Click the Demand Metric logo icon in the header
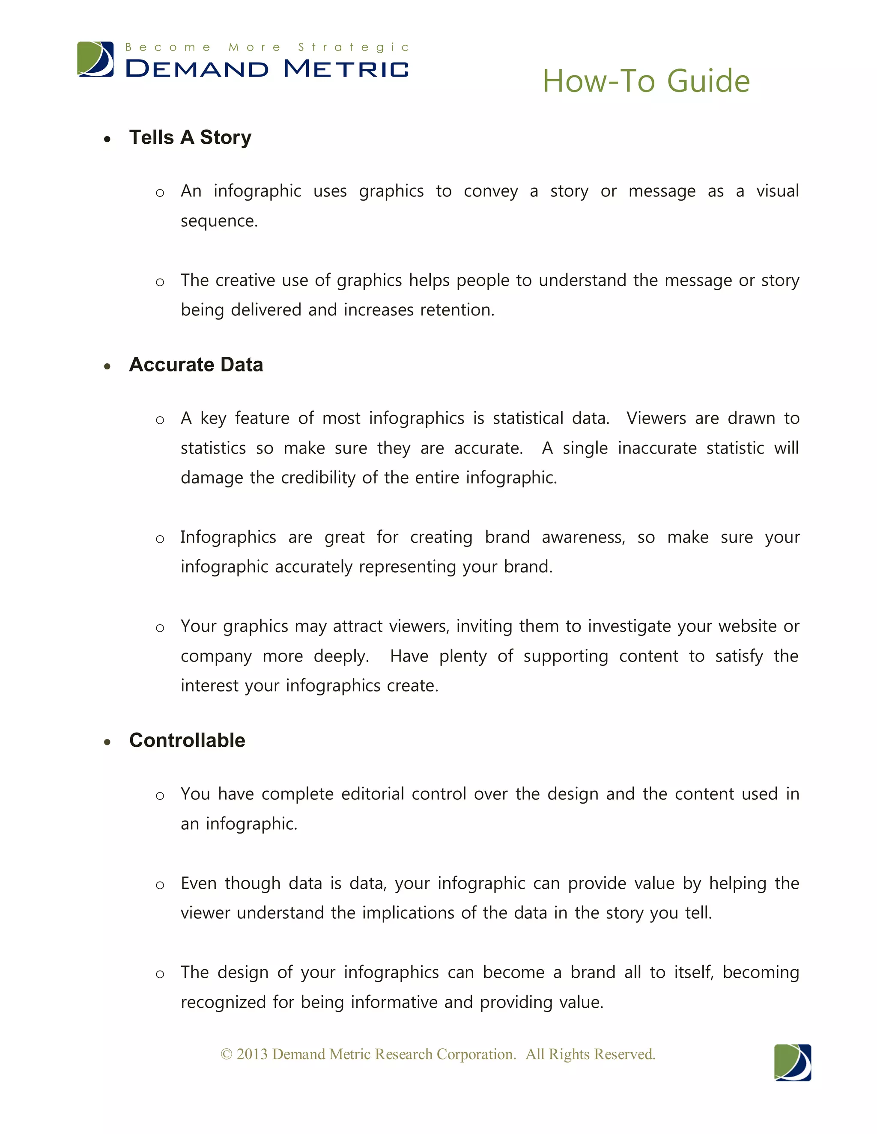tap(95, 59)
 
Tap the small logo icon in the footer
tap(792, 1063)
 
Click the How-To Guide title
tap(646, 81)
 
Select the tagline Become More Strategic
tap(267, 47)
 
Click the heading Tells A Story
tap(190, 138)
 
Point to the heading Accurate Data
tap(196, 365)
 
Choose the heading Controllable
tap(187, 740)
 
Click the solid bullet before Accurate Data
tap(107, 367)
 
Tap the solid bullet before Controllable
tap(107, 742)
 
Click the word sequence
tap(218, 221)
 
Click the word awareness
tap(582, 537)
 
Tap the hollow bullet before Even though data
tap(160, 885)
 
